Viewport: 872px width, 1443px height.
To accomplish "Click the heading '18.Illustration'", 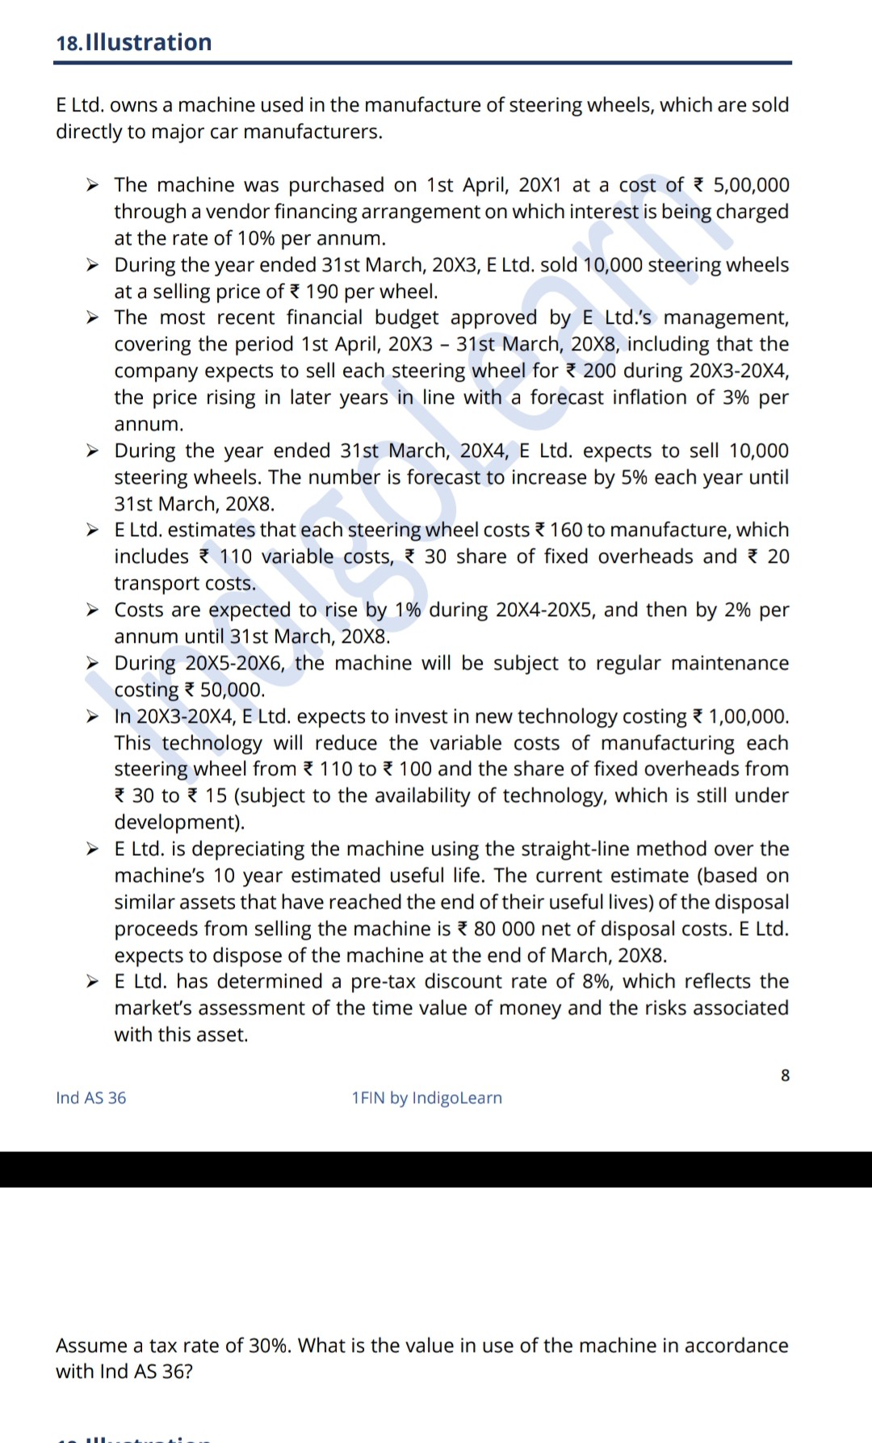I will (x=134, y=42).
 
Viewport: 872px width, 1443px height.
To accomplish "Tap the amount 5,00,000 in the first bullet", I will (x=751, y=185).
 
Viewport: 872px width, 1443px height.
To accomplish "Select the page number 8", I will (x=785, y=1076).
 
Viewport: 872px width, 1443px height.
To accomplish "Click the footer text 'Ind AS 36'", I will (x=90, y=1098).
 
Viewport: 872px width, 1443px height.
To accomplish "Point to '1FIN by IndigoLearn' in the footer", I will (x=426, y=1098).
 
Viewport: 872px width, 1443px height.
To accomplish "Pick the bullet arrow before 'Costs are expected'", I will (x=93, y=610).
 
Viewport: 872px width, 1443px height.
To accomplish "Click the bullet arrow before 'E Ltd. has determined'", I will (x=93, y=982).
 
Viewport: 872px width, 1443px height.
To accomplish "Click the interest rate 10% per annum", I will (x=256, y=238).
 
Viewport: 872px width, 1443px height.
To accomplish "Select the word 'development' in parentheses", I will (x=178, y=822).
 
